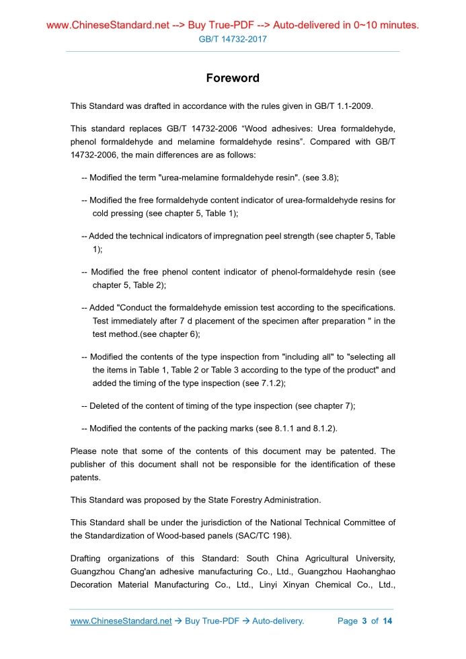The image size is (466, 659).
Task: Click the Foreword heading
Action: coord(233,78)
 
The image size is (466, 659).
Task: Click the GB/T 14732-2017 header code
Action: coord(233,39)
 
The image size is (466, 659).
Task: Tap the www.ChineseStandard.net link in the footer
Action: coord(121,621)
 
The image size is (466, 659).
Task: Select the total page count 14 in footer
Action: coord(387,621)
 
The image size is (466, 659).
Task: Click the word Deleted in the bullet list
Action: coord(106,406)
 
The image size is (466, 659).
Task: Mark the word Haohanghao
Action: coord(368,572)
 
